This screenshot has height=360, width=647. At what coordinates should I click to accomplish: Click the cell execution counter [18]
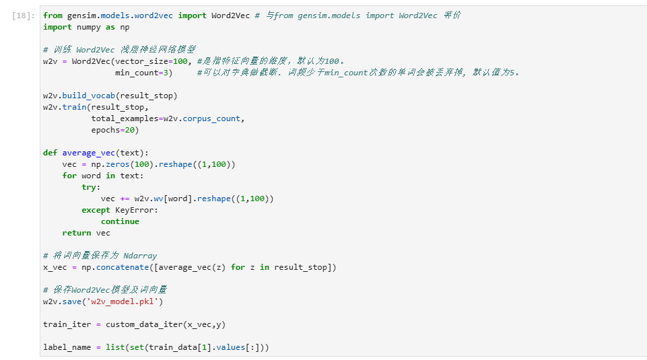click(x=24, y=15)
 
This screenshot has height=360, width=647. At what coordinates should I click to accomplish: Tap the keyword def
click(x=50, y=153)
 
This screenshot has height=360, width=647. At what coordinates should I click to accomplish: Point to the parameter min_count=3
click(x=143, y=73)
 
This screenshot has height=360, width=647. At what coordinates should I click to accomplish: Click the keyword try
click(x=89, y=187)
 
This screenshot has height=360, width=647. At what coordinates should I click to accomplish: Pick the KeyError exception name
click(x=137, y=210)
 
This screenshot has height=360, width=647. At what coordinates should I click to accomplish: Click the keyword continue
click(x=120, y=221)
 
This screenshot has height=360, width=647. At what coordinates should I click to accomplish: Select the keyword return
click(x=77, y=233)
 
